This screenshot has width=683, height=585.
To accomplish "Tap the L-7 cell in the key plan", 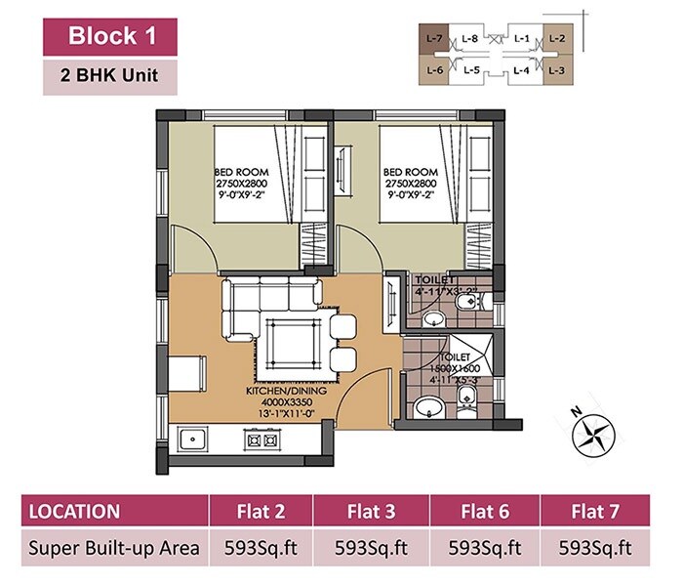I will tap(435, 40).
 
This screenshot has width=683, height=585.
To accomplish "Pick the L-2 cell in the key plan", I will tap(557, 40).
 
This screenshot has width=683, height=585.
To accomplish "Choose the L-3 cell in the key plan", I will tap(557, 70).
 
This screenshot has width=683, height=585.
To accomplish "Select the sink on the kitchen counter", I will tap(191, 440).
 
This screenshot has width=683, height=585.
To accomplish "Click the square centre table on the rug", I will tap(292, 342).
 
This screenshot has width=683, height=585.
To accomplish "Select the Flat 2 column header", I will tap(264, 511).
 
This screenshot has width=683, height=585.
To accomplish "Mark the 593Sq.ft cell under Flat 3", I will tap(374, 548).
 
